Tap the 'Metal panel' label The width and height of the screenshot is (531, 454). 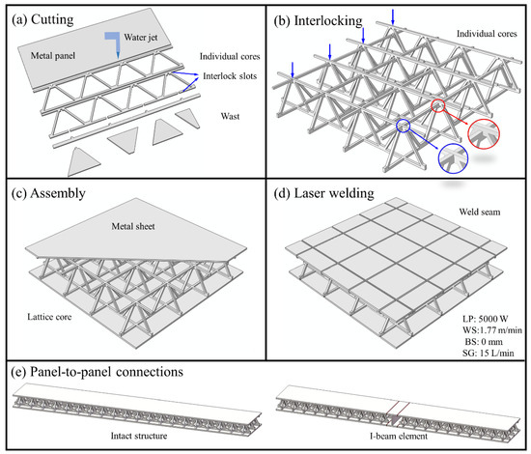[53, 56]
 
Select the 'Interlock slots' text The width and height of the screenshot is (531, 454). [230, 76]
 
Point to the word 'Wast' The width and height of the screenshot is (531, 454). [231, 116]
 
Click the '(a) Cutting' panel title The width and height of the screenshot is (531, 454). [42, 19]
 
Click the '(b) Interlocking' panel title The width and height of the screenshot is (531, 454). [318, 20]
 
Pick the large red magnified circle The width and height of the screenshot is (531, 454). [484, 134]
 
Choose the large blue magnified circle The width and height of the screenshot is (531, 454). [453, 158]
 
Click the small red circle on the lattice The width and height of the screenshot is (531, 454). [438, 105]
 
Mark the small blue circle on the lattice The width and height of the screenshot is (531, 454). [403, 126]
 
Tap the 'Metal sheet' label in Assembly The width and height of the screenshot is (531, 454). [133, 226]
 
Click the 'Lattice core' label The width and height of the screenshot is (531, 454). [49, 317]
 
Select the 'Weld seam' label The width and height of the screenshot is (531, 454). [480, 212]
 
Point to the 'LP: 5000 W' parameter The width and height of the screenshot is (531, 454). [486, 319]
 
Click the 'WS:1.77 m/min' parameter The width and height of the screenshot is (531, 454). [492, 330]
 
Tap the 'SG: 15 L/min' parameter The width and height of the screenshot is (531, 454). [488, 353]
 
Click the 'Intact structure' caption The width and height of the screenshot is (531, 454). [139, 436]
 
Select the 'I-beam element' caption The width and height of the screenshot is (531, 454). [399, 436]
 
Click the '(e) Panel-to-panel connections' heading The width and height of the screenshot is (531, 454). [98, 372]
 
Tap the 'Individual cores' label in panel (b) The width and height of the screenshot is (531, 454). [487, 34]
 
